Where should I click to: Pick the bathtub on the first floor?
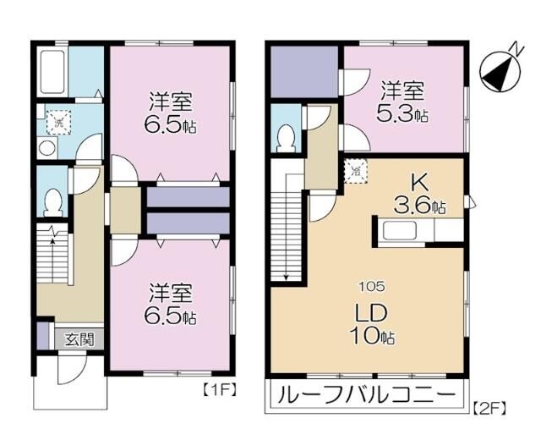pos(55,74)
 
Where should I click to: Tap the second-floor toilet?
pos(287,136)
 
